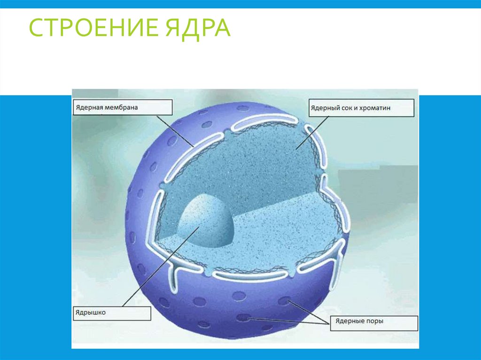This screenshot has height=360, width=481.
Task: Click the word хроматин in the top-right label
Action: coord(376,108)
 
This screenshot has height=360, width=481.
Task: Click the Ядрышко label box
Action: coord(112,313)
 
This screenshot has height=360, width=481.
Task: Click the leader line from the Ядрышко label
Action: coord(160,268)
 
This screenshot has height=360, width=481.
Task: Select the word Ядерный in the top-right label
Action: coord(325,108)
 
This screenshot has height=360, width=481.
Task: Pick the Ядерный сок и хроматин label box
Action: coord(361,108)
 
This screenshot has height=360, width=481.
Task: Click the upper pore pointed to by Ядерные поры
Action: coord(284,300)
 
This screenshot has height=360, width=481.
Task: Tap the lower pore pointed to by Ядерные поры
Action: coord(243,318)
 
